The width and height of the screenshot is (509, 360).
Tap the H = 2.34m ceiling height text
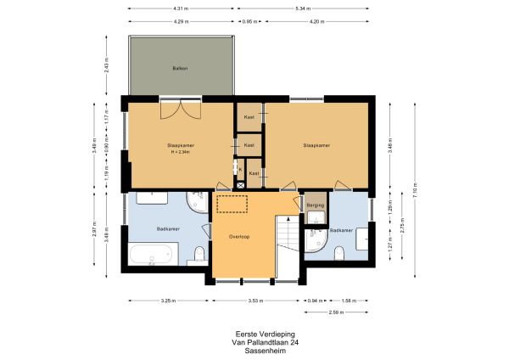(x=179, y=152)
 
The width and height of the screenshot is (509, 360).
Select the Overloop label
(x=238, y=237)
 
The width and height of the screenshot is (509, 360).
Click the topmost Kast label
(x=249, y=117)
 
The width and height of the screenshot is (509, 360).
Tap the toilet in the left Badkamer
(x=198, y=254)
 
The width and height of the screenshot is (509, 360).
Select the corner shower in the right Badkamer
(x=315, y=241)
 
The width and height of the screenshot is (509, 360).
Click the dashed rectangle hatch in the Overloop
(x=231, y=205)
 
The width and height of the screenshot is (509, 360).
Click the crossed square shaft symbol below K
(x=240, y=183)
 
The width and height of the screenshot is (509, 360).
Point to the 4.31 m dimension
(x=179, y=8)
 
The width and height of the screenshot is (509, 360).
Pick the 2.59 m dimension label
(x=336, y=312)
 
